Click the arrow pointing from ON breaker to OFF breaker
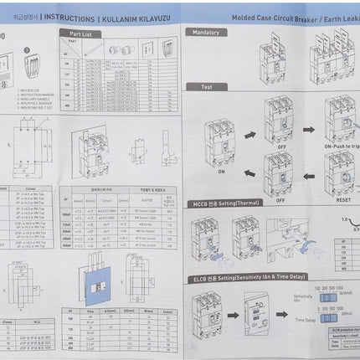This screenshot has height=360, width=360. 249,134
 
